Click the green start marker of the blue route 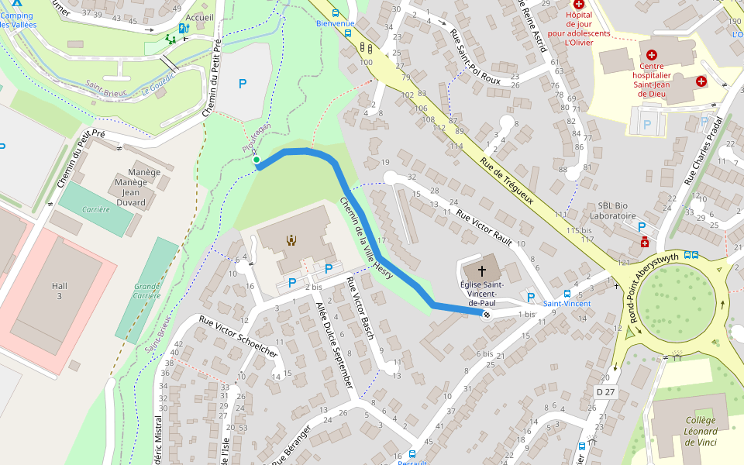pos(256,160)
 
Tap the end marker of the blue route pos(487,315)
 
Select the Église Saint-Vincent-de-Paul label pos(483,294)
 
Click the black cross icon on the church pos(482,270)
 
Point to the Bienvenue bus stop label pos(335,23)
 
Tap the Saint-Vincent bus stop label pos(567,303)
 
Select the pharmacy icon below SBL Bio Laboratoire pos(644,243)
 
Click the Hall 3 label pos(60,291)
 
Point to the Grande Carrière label pos(147,291)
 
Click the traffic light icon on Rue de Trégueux pos(363,48)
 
